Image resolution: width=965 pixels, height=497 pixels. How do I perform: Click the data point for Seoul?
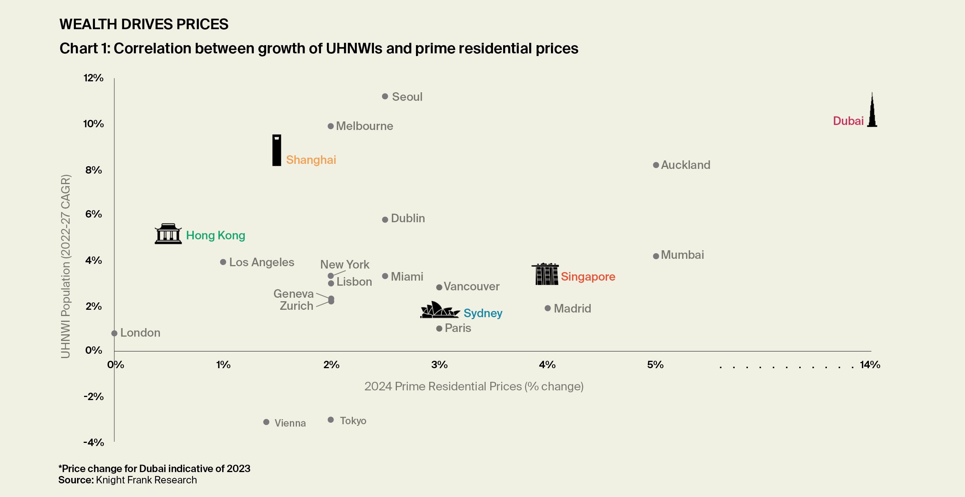pyautogui.click(x=385, y=97)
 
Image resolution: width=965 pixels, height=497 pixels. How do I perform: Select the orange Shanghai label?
pyautogui.click(x=311, y=160)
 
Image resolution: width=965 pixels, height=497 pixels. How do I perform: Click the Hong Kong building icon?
pyautogui.click(x=168, y=234)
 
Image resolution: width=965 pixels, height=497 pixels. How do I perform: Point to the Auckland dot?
pyautogui.click(x=656, y=165)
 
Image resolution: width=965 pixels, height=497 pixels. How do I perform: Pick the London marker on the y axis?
pyautogui.click(x=114, y=334)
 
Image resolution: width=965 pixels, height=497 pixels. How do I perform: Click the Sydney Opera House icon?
pyautogui.click(x=439, y=310)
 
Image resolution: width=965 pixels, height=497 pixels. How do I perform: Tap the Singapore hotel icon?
pyautogui.click(x=546, y=274)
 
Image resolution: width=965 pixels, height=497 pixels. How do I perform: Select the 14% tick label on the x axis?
pyautogui.click(x=870, y=365)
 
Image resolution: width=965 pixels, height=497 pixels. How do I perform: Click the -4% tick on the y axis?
pyautogui.click(x=94, y=443)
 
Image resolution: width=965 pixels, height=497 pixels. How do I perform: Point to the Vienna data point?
pyautogui.click(x=266, y=422)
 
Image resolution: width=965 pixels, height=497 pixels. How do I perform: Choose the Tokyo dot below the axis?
pyautogui.click(x=331, y=420)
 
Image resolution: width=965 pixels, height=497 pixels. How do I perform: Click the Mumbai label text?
pyautogui.click(x=682, y=255)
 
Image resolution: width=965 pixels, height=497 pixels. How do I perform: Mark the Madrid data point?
pyautogui.click(x=547, y=308)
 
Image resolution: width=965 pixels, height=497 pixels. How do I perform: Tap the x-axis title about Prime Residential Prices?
pyautogui.click(x=474, y=386)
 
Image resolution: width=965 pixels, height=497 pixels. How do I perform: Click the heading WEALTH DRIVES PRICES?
pyautogui.click(x=144, y=24)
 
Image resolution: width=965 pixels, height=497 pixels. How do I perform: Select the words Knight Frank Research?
pyautogui.click(x=146, y=480)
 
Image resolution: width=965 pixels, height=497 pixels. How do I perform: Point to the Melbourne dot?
pyautogui.click(x=331, y=126)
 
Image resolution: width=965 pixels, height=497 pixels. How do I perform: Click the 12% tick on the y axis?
pyautogui.click(x=93, y=78)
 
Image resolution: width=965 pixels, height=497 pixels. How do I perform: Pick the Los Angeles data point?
pyautogui.click(x=223, y=262)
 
